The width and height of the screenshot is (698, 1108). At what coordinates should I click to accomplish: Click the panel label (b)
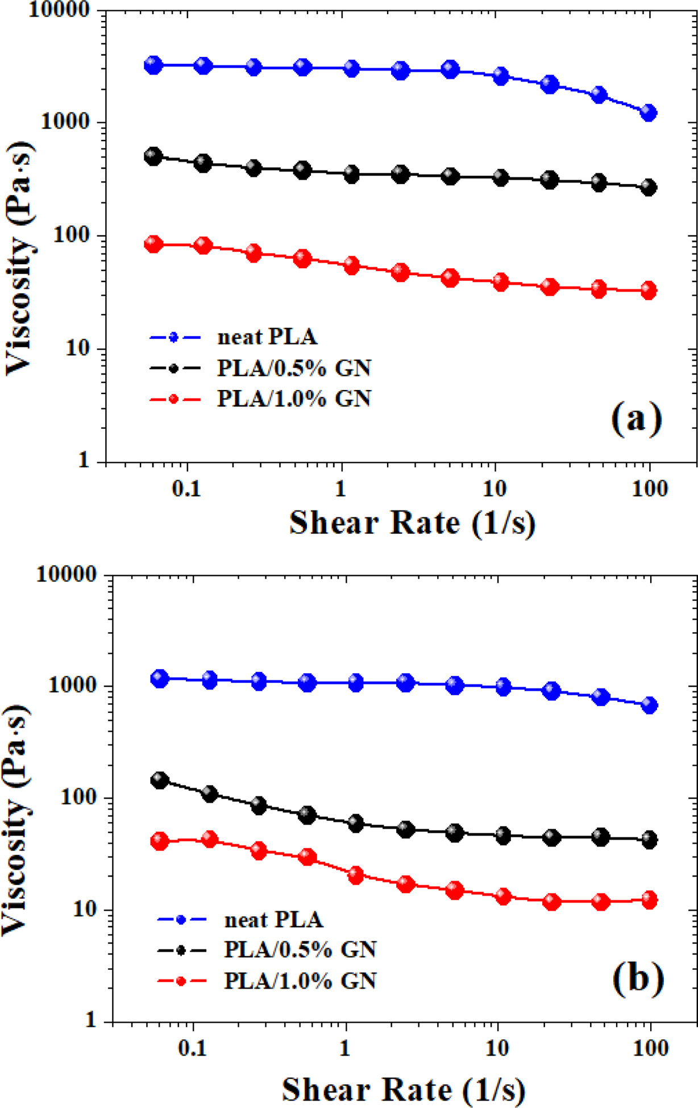[638, 977]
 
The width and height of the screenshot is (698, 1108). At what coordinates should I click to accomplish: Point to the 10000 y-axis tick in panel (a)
[59, 10]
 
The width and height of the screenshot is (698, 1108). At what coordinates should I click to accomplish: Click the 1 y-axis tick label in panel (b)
[90, 1020]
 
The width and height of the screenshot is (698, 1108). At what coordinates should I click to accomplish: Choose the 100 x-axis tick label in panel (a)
[650, 488]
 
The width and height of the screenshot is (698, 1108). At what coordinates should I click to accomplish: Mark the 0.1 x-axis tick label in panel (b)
[193, 1048]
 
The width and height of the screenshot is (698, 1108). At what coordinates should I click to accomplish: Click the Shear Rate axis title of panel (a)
[412, 522]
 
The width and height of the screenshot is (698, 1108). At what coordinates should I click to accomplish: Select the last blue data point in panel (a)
[648, 113]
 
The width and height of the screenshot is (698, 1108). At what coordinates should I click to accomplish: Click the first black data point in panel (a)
[153, 156]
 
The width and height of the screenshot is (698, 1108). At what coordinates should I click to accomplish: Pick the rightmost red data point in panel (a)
[648, 291]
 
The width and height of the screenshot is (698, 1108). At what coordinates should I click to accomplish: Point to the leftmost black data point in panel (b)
[160, 780]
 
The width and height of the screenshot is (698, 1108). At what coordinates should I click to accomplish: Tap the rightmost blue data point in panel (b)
[649, 706]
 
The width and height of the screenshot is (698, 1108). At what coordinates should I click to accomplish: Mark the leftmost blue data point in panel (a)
[153, 65]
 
